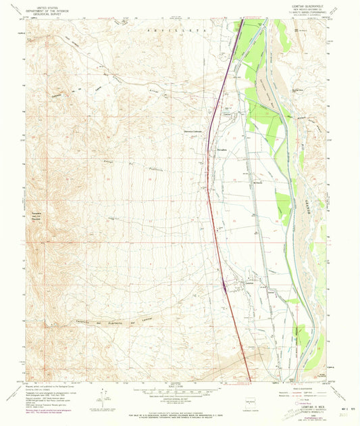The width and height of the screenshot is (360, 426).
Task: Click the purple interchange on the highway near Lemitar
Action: [224, 285]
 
